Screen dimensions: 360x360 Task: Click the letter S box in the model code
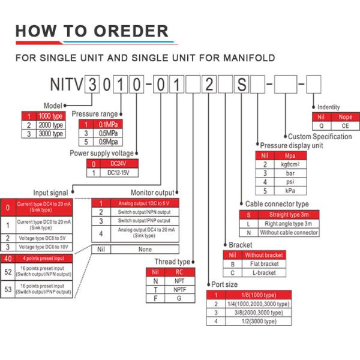(x=240, y=84)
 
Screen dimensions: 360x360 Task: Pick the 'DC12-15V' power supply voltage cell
(x=118, y=173)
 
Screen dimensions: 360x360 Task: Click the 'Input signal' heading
(x=50, y=192)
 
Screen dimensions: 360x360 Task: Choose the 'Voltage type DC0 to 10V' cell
(x=43, y=247)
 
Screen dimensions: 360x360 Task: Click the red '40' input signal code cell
(x=8, y=258)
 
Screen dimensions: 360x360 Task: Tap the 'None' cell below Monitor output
(x=145, y=248)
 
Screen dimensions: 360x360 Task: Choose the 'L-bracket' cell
(x=264, y=272)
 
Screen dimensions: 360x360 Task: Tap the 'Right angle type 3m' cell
(x=289, y=223)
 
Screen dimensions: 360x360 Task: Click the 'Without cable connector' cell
(x=289, y=232)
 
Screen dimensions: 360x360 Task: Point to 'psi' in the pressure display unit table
(x=290, y=181)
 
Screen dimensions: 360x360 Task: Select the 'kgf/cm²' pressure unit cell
(x=290, y=164)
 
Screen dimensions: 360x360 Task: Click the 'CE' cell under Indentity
(x=345, y=126)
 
